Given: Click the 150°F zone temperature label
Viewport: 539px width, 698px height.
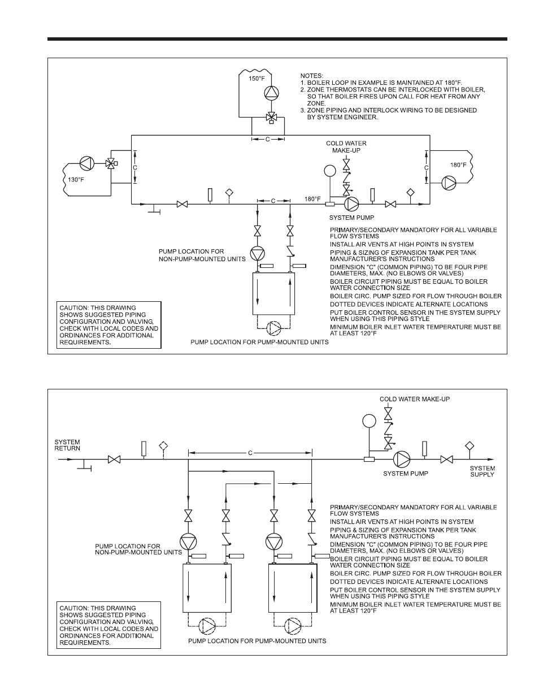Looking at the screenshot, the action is click(x=257, y=79).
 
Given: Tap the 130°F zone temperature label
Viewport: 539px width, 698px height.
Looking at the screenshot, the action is click(x=76, y=180).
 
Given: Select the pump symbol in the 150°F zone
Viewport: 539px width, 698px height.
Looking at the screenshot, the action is click(x=271, y=93).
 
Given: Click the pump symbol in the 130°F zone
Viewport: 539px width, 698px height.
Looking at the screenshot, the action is click(x=86, y=163).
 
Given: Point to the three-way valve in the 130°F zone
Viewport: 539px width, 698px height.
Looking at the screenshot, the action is click(x=111, y=164).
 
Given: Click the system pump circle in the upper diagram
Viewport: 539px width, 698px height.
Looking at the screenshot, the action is click(x=351, y=203).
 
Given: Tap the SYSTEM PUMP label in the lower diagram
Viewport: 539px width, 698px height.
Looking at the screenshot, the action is click(x=406, y=474).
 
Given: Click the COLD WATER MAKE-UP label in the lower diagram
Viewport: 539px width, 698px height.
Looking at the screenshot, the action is click(x=415, y=399).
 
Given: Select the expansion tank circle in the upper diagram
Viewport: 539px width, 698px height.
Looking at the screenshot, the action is click(x=330, y=171).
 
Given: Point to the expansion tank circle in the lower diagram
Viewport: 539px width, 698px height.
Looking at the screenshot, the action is click(x=369, y=421).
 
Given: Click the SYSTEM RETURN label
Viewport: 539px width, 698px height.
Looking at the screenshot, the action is click(x=67, y=445).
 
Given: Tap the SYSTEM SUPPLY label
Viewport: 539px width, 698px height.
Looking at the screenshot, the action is click(x=482, y=471).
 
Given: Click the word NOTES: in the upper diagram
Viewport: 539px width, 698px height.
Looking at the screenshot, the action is click(x=312, y=76).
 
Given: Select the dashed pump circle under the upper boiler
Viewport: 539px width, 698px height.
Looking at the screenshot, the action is click(x=273, y=328).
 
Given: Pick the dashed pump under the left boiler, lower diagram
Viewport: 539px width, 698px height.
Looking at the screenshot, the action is click(x=207, y=626).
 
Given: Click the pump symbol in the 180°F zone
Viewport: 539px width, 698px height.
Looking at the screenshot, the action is click(x=449, y=183).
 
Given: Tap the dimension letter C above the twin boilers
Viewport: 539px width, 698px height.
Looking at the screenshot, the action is click(x=250, y=453).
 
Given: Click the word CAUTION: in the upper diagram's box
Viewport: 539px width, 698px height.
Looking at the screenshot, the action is click(x=74, y=307).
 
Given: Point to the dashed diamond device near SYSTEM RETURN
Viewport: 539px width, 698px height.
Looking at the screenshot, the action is click(x=163, y=446).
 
